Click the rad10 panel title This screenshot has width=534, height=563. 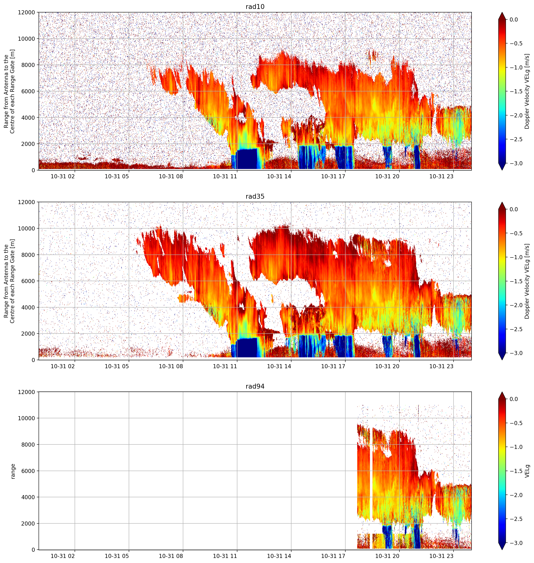(x=255, y=7)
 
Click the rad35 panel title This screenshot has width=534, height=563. (x=255, y=196)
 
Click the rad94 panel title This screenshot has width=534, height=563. (x=255, y=386)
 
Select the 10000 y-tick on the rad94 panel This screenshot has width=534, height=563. (x=27, y=418)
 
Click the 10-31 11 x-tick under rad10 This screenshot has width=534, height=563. (x=225, y=176)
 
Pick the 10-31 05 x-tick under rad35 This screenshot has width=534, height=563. (x=117, y=366)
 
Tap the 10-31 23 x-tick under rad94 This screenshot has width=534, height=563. (x=441, y=556)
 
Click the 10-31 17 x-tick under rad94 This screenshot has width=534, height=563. (x=333, y=556)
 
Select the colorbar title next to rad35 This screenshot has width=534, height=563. (x=527, y=281)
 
